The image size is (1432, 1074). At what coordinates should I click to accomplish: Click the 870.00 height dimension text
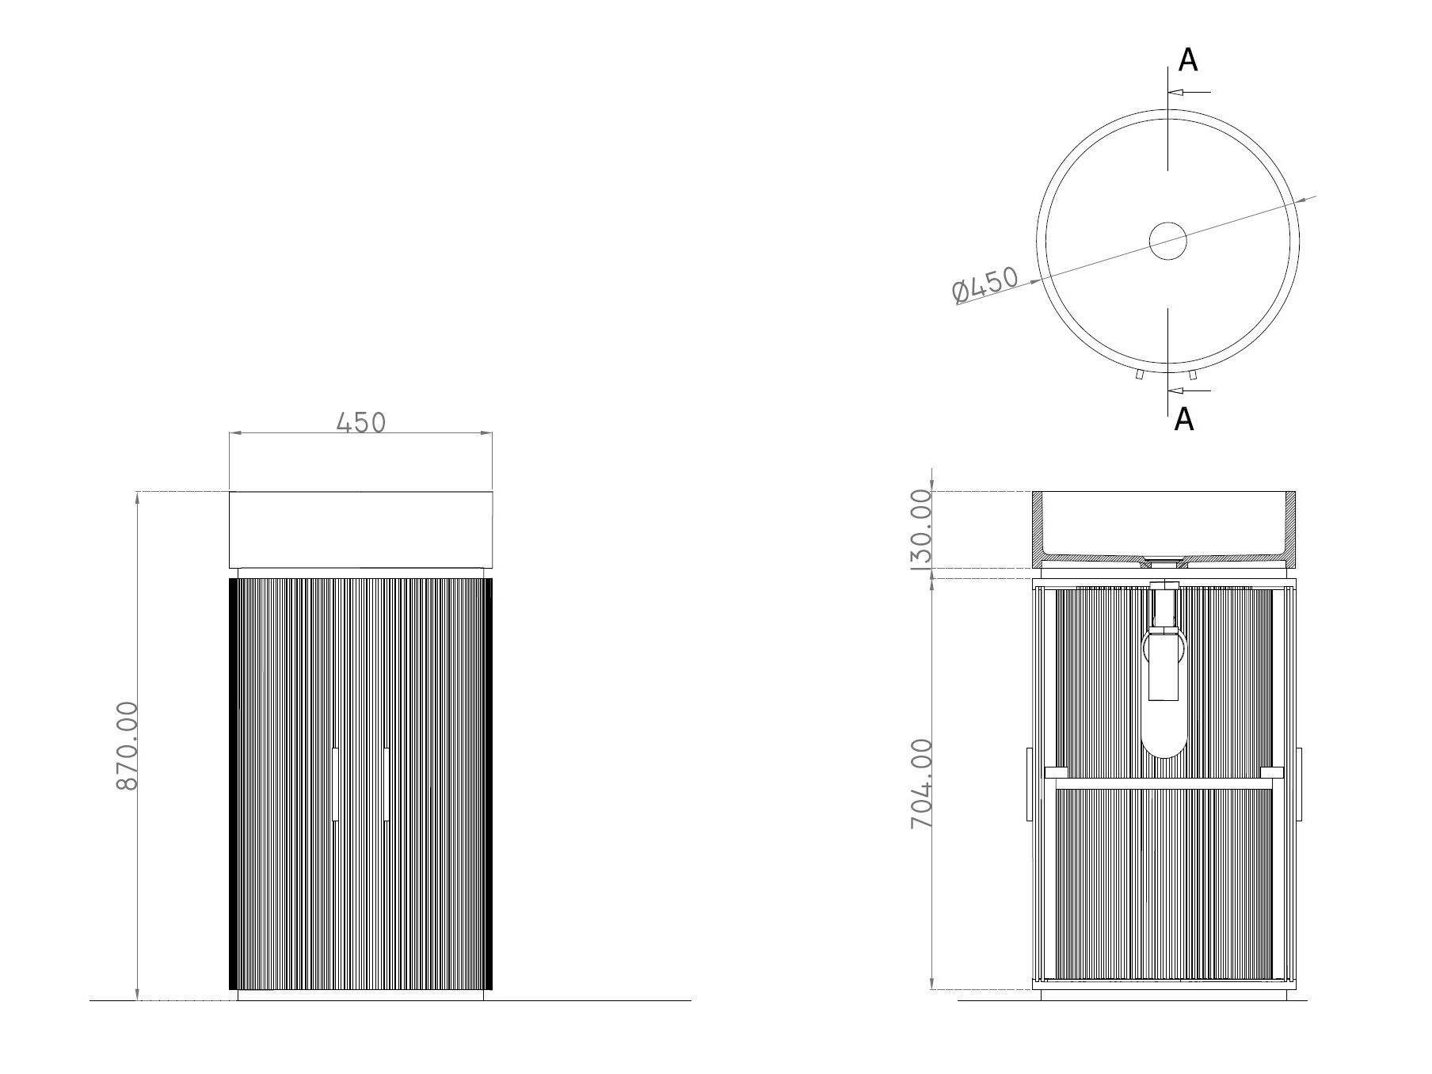(x=128, y=745)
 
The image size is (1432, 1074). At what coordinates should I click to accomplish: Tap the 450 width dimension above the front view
(x=361, y=423)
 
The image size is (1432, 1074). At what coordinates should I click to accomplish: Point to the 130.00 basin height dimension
(x=921, y=529)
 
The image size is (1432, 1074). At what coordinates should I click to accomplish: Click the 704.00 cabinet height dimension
(x=921, y=783)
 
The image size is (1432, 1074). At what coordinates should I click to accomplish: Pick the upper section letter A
(x=1187, y=60)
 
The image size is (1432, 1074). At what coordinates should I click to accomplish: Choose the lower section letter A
(x=1183, y=419)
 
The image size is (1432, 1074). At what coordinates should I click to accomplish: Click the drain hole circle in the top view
(x=1168, y=241)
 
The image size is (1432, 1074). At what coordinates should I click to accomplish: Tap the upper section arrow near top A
(x=1189, y=92)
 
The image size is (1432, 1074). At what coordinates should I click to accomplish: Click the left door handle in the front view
(x=336, y=783)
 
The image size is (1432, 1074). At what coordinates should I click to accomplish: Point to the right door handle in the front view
(x=385, y=783)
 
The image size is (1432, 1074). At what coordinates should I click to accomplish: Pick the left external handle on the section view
(x=1029, y=783)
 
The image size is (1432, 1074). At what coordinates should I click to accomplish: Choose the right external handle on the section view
(x=1300, y=783)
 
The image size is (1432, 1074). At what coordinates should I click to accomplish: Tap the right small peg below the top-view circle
(x=1193, y=375)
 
